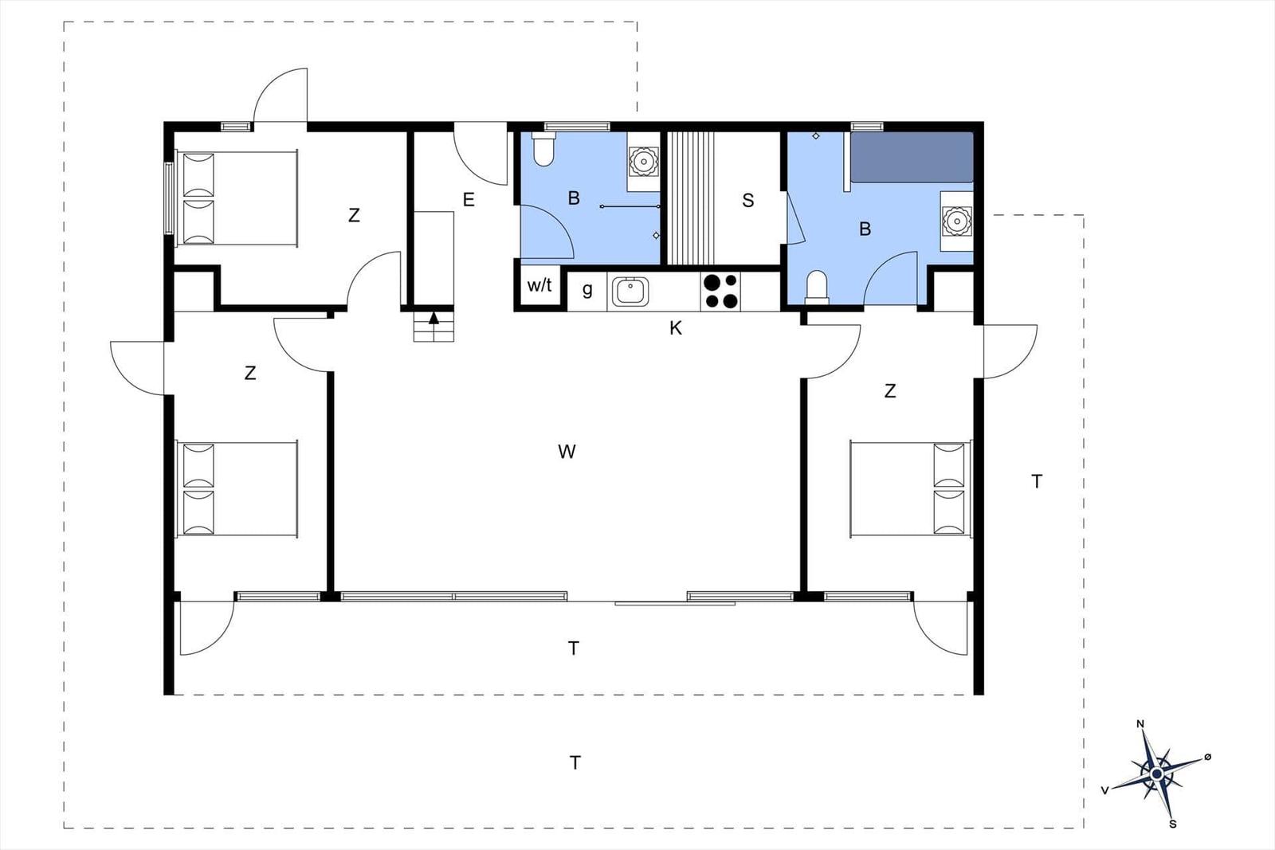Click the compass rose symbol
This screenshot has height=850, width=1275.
(1156, 774)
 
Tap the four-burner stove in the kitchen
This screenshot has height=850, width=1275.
(720, 292)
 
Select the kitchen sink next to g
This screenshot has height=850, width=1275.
(630, 292)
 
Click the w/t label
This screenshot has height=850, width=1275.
(539, 285)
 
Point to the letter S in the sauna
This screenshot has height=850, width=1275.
(748, 200)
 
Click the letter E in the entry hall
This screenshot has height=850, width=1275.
(469, 200)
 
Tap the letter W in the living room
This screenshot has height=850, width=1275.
(567, 452)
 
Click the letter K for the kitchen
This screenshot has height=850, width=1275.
(675, 328)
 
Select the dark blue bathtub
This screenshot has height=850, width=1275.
(912, 158)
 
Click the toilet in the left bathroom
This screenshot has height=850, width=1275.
(543, 149)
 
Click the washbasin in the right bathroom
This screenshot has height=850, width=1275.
(957, 221)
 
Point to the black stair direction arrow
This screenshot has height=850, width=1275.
(433, 318)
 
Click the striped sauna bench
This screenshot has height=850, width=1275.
(690, 198)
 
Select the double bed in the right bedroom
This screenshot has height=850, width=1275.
(912, 488)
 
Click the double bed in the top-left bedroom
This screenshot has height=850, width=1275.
(237, 198)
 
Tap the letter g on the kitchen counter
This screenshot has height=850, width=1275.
(587, 290)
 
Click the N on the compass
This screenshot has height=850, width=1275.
(1140, 724)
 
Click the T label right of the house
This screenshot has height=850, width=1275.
(1037, 482)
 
